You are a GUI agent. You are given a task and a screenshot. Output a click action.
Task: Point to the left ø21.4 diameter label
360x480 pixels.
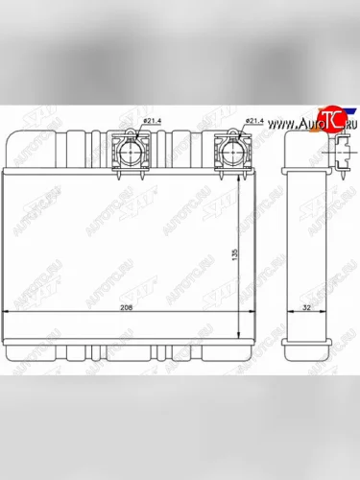[154, 121]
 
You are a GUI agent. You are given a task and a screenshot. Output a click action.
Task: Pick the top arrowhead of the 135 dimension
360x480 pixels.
[237, 178]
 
